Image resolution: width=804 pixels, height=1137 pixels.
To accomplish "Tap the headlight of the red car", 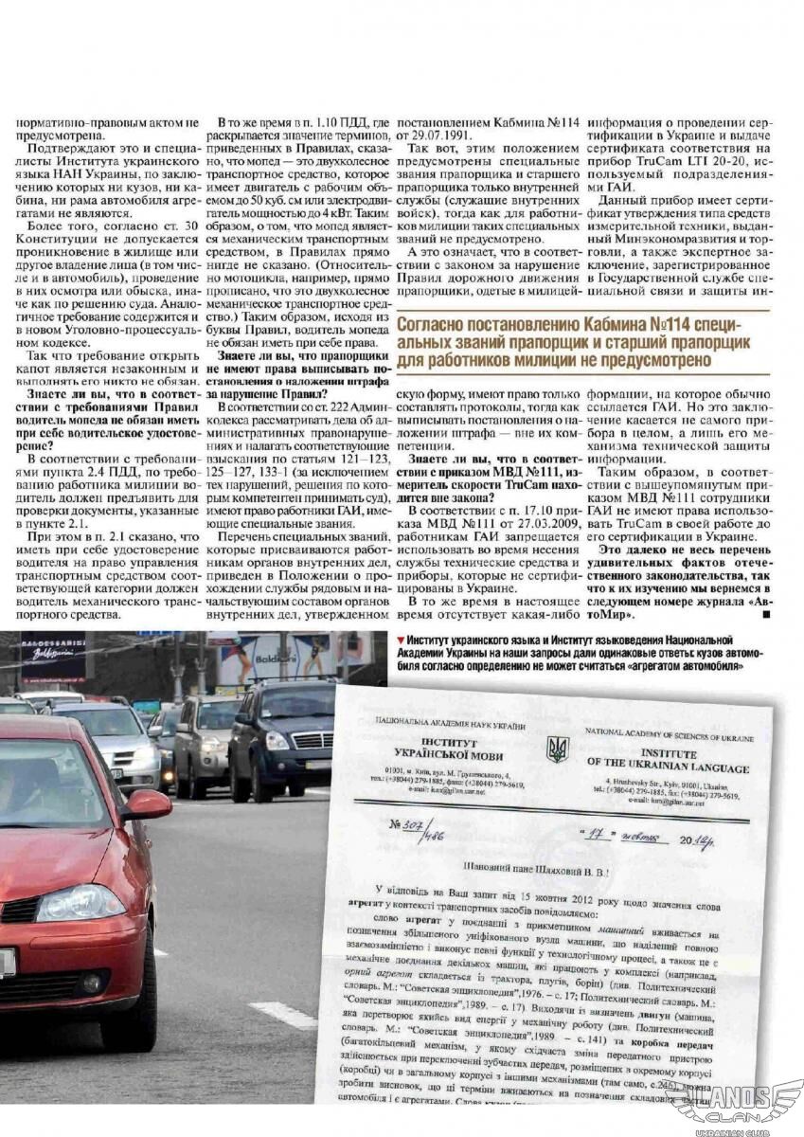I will click(x=80, y=902).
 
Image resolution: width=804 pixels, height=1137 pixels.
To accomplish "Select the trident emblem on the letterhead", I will click(x=556, y=749).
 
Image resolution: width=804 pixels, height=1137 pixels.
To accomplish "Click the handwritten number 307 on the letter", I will click(x=410, y=825).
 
